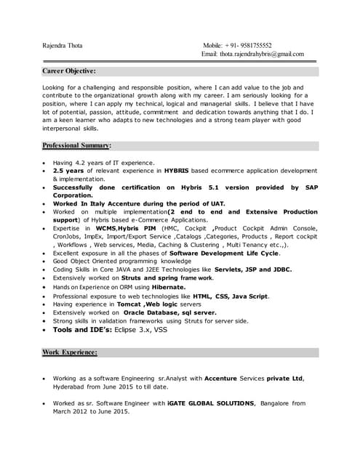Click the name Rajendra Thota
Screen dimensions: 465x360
(63, 45)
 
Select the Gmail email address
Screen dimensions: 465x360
(263, 54)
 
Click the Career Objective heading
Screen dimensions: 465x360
(69, 71)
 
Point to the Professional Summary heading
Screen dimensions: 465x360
(76, 145)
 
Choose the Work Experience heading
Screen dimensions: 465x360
(70, 352)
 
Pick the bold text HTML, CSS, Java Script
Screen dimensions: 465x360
(231, 296)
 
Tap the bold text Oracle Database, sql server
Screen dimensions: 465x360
(169, 312)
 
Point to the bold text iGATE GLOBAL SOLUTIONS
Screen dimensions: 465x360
(211, 403)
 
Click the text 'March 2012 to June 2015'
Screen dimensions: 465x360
(92, 411)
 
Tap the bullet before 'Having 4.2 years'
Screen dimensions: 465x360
(45, 163)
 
